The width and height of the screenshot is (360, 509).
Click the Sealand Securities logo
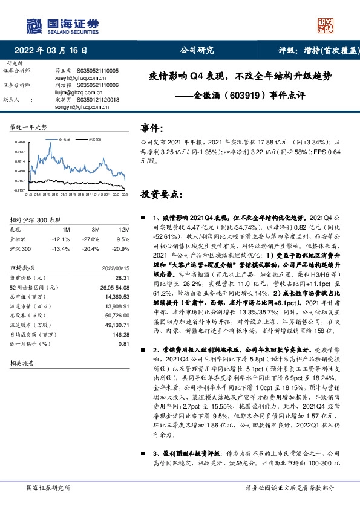coord(61,25)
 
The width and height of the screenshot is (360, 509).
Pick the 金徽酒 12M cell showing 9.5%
coord(122,239)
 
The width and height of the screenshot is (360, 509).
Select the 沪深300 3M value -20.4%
coord(91,248)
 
